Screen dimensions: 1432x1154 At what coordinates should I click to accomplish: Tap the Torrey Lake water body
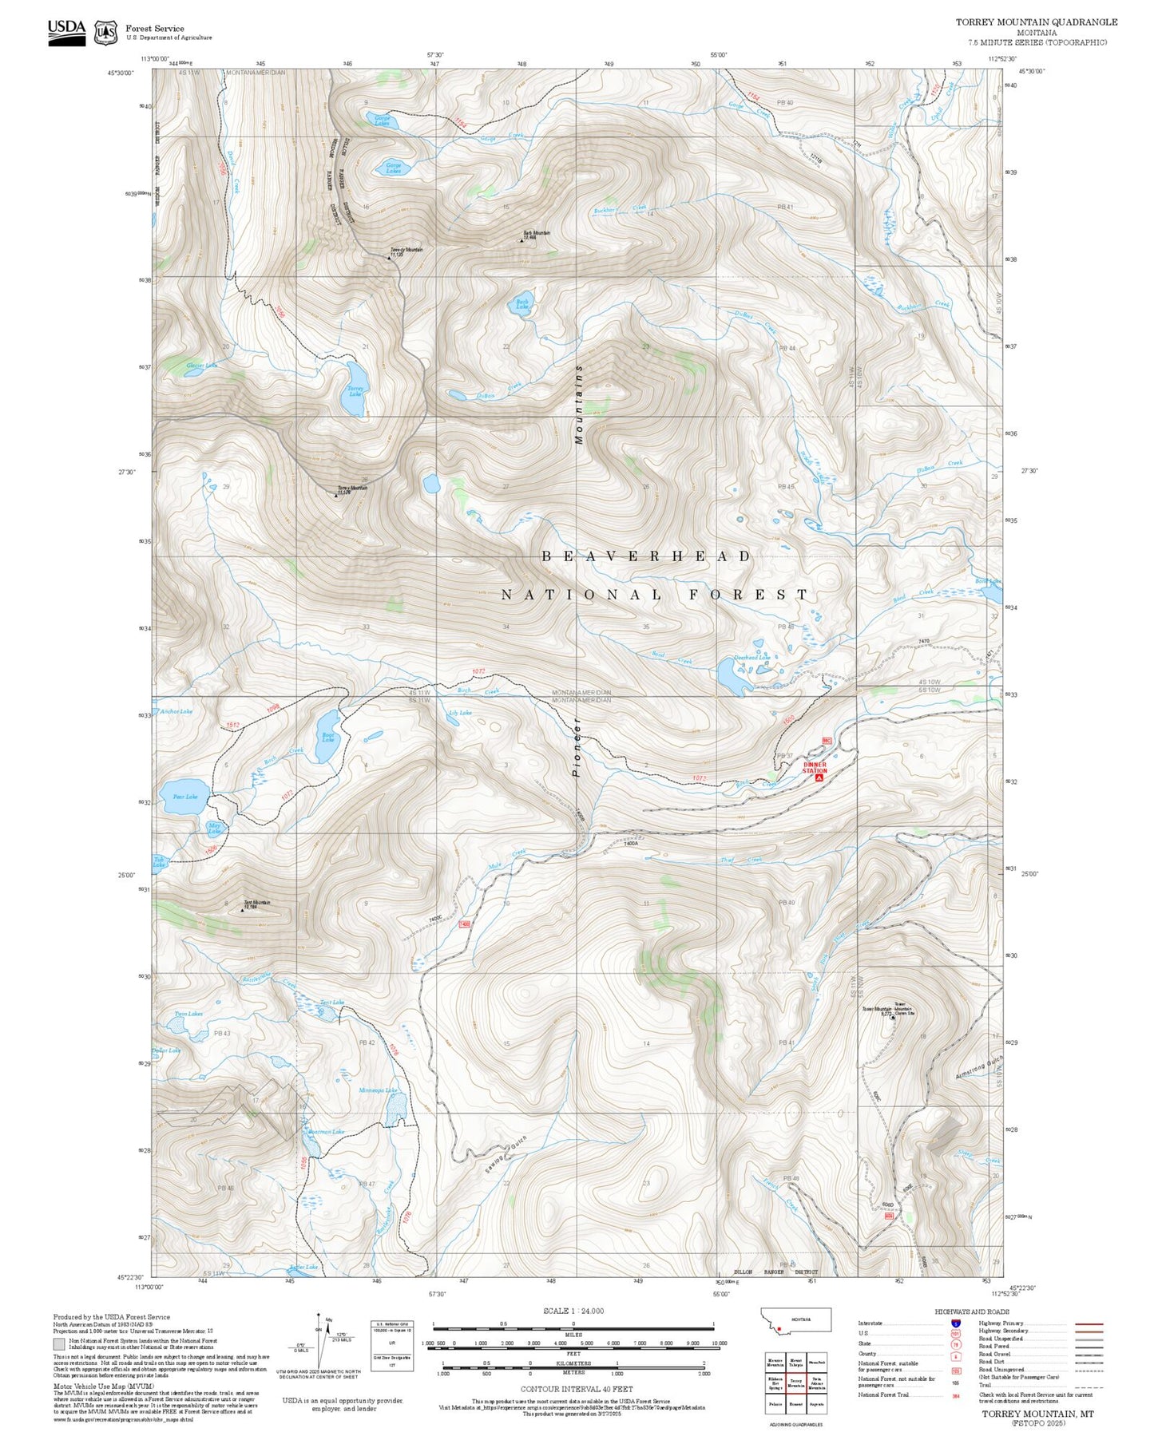[356, 389]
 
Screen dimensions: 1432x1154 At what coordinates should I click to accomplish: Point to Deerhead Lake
[731, 678]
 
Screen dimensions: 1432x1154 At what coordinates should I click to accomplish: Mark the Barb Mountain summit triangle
[521, 239]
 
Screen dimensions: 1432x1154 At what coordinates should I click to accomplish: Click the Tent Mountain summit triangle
[242, 909]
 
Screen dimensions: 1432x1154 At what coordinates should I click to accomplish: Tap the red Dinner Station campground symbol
[819, 777]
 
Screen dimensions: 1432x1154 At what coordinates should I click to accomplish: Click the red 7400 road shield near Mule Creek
[464, 924]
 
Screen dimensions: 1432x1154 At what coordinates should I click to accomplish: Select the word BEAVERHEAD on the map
[646, 556]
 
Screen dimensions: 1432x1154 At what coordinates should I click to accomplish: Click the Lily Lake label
[461, 712]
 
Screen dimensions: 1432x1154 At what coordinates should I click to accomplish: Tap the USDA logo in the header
[66, 32]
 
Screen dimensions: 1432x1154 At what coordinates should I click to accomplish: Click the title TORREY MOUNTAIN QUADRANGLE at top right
[1036, 22]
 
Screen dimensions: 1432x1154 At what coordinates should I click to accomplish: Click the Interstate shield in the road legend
[956, 1323]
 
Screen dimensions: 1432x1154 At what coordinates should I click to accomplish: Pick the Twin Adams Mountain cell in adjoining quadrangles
[816, 1383]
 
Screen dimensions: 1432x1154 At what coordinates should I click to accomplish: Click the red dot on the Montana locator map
[779, 1328]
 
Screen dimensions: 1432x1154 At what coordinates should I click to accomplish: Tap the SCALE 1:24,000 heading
[573, 1311]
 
